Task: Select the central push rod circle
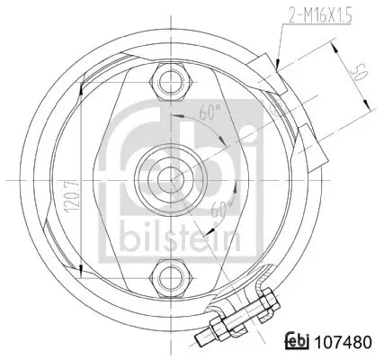pyautogui.click(x=166, y=178)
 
